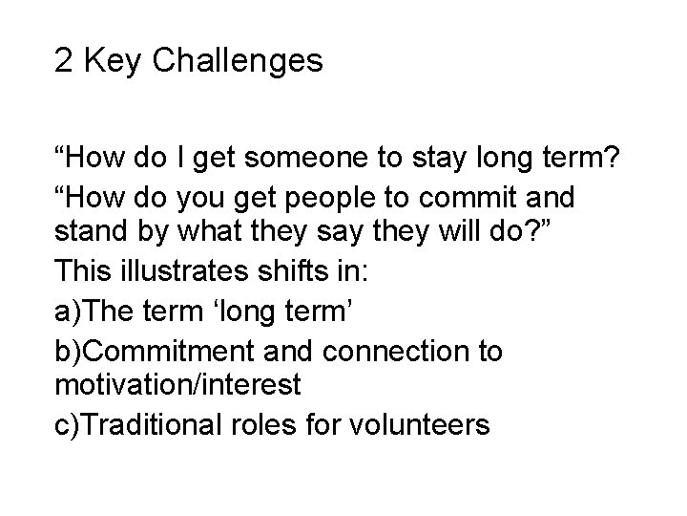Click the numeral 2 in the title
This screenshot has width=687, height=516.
tap(64, 62)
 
